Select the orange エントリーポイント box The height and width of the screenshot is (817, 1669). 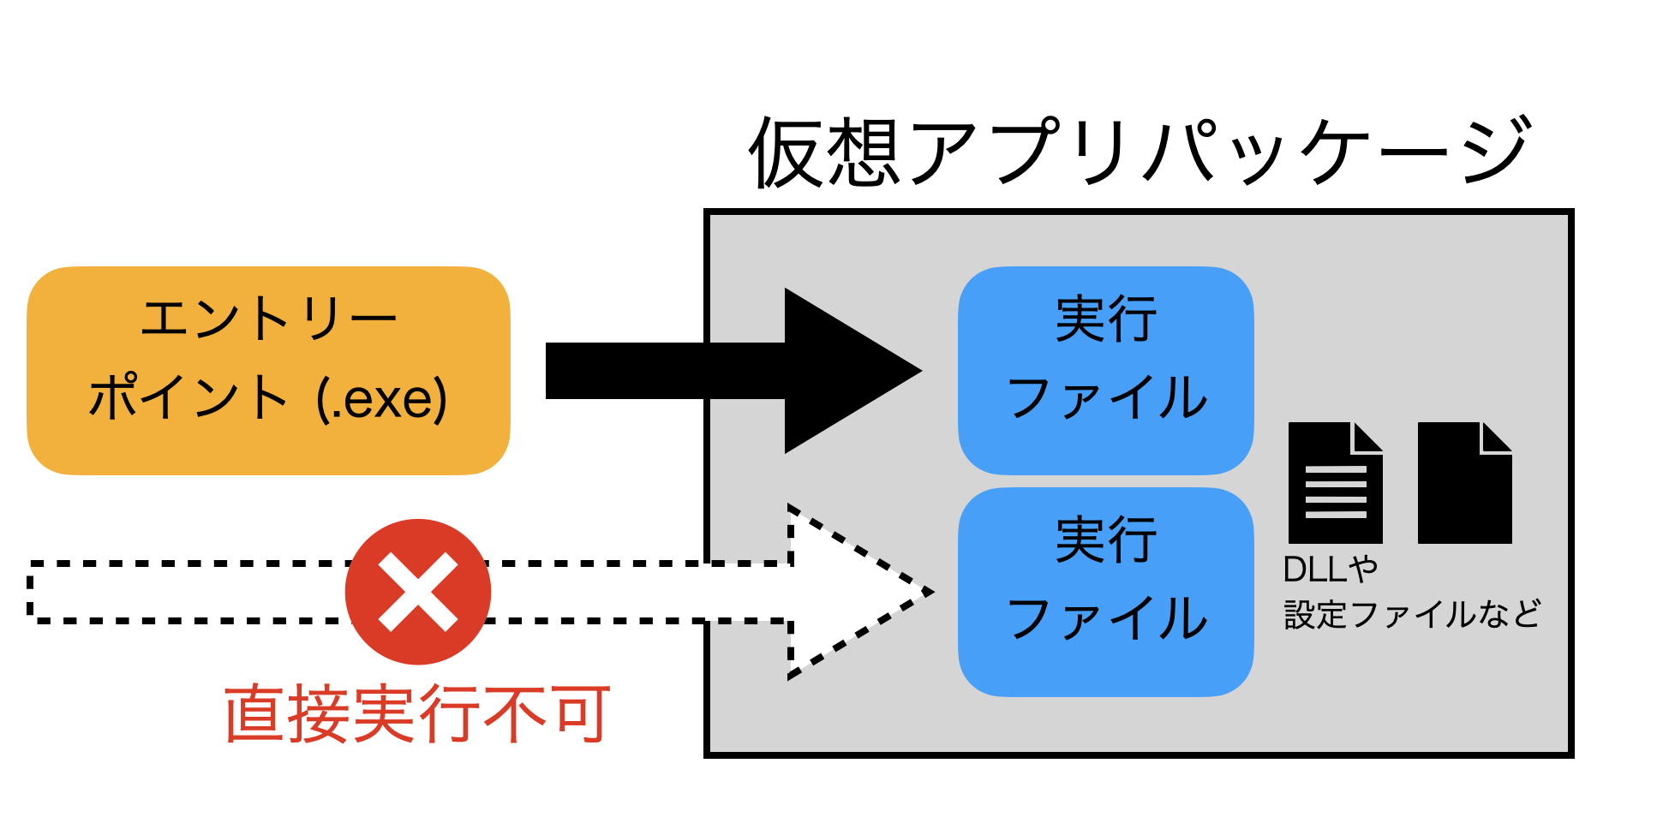pos(268,370)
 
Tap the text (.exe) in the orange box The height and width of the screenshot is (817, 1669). pos(382,399)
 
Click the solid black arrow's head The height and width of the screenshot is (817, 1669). pos(848,371)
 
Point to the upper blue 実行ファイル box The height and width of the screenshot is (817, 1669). pos(1105,370)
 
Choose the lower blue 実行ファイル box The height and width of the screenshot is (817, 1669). pos(1105,591)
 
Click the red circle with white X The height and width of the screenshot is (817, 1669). pos(418,592)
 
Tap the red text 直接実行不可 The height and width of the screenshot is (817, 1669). pos(418,714)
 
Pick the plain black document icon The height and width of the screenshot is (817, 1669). pos(1463,484)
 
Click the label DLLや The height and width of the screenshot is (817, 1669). pos(1330,570)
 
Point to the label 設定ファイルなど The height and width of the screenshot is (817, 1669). pos(1412,614)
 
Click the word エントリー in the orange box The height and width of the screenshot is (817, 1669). pos(268,319)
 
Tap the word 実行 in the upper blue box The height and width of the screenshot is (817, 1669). pos(1105,319)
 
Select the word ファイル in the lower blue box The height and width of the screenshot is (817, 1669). pos(1107,619)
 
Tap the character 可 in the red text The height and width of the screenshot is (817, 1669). pos(582,714)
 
